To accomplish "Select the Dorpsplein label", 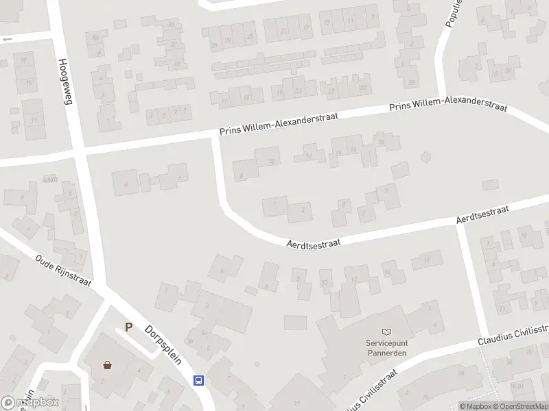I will (x=163, y=344).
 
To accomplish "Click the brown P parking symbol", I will (x=128, y=327).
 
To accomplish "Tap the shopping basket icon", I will (x=107, y=364).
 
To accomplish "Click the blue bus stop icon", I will (x=199, y=379).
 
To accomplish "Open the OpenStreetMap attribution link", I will (x=523, y=406).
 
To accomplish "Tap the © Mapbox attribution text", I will (x=476, y=406).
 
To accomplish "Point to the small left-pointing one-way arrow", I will (x=8, y=39).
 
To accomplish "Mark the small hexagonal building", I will (x=426, y=157).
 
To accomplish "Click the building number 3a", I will (x=205, y=334).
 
